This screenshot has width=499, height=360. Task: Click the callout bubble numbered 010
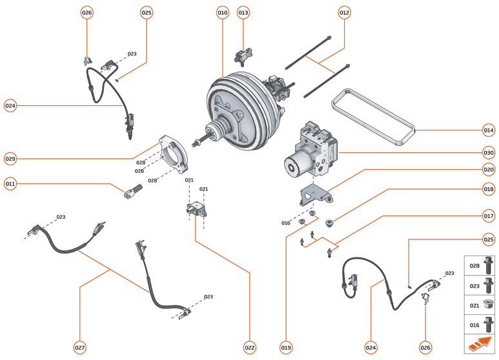222,12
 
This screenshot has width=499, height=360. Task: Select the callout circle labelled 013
243,12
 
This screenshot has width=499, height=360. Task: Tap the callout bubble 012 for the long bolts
344,12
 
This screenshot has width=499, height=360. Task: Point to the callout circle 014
489,130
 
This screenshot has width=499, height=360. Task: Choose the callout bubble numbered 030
489,153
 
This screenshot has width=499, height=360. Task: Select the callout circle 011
10,184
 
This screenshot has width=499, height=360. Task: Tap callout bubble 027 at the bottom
79,348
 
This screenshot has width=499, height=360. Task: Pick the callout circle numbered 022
250,348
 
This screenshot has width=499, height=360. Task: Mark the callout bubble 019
286,348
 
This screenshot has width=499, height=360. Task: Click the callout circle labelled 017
489,215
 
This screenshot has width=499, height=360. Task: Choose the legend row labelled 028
481,265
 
